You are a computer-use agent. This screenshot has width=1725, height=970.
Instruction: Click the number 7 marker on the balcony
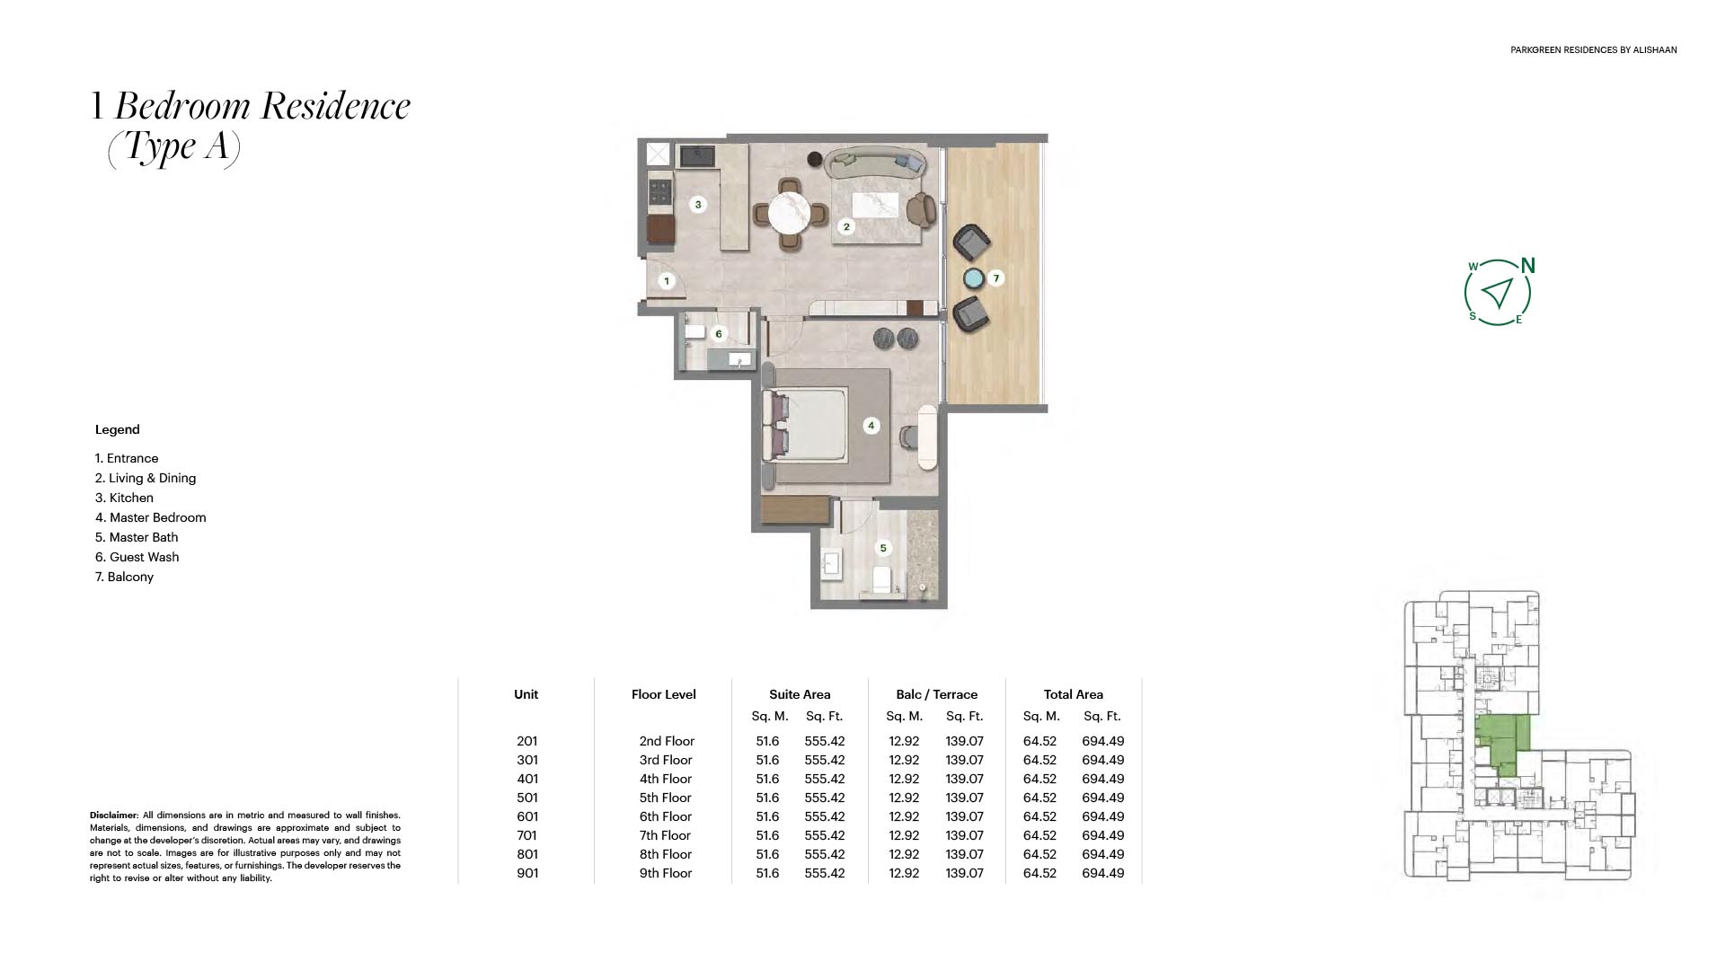point(995,278)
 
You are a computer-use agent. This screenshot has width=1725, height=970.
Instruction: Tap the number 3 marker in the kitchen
point(698,205)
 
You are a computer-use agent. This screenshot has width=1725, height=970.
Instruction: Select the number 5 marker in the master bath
point(883,548)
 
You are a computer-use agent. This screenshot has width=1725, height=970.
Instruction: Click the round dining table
point(791,216)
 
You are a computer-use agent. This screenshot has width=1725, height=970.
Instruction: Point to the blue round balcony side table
point(973,278)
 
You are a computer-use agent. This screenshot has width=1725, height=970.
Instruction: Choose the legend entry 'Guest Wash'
point(137,557)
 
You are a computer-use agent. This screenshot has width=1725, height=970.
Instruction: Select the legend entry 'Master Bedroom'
point(151,517)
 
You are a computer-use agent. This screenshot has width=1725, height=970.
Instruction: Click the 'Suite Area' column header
point(800,694)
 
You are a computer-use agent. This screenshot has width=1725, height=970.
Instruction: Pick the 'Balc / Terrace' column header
point(936,694)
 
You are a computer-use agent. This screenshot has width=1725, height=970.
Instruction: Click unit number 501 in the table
point(527,798)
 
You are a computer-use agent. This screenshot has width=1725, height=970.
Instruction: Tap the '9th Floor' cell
point(666,873)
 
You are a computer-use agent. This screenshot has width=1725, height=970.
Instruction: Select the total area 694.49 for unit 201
point(1103,741)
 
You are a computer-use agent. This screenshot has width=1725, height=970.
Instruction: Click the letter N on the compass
point(1528,266)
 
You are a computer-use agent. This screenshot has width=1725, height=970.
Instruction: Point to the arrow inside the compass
point(1498,292)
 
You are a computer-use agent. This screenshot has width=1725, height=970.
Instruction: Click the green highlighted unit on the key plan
point(1502,744)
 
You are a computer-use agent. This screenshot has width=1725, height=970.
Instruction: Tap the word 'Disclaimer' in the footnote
point(113,816)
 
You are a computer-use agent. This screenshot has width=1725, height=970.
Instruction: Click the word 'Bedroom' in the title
point(183,106)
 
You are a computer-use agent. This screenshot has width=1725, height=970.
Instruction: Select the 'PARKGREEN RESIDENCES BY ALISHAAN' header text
point(1594,50)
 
